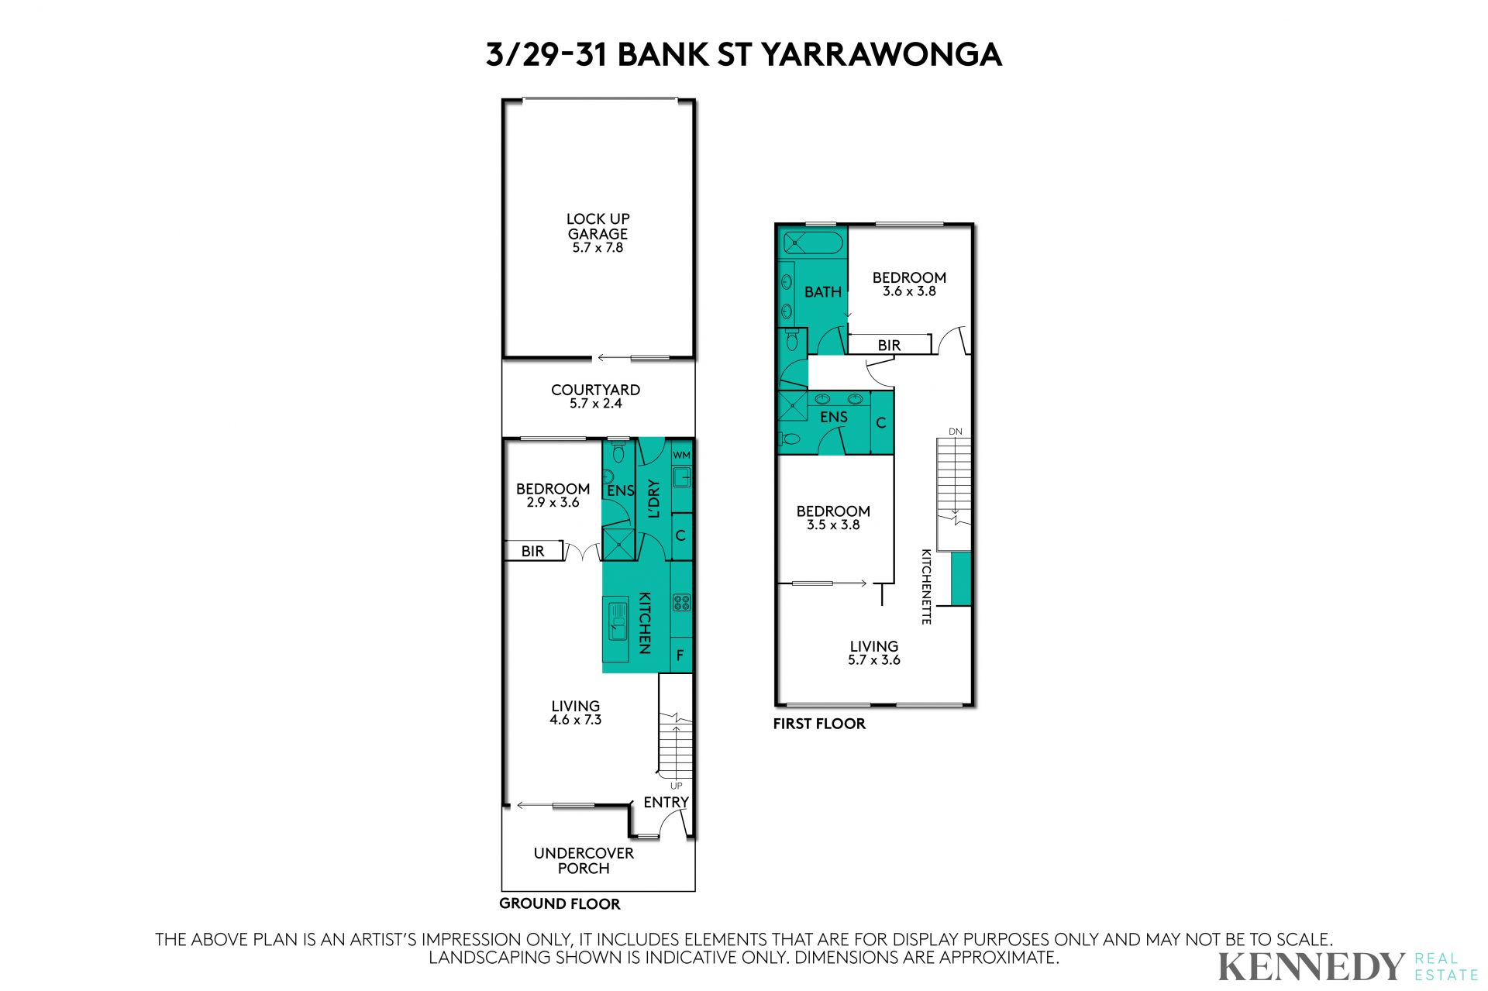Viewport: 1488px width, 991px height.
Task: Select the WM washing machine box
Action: point(681,455)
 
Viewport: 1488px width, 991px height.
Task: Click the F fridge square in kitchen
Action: point(680,655)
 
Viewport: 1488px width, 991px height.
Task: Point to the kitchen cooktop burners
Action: point(681,602)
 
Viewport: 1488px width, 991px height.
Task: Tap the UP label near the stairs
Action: point(676,786)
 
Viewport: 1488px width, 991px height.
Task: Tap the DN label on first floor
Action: point(955,432)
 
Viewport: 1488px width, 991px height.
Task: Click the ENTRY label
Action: point(666,802)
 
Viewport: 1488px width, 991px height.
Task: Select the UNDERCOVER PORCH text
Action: point(584,860)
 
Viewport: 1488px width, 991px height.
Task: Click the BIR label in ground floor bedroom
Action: point(532,552)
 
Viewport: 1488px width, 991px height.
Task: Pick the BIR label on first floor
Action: point(889,346)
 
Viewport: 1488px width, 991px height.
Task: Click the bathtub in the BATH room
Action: point(812,243)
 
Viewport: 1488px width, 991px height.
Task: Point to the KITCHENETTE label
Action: point(926,587)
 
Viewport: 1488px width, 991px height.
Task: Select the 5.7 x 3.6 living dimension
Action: point(874,660)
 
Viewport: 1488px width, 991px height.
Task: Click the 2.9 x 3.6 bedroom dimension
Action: point(553,502)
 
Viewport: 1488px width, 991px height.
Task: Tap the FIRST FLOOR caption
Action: point(819,724)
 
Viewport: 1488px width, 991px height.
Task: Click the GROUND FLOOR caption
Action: point(560,903)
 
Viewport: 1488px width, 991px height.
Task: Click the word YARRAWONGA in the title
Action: point(881,54)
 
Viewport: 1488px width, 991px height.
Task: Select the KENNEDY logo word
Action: point(1311,966)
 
